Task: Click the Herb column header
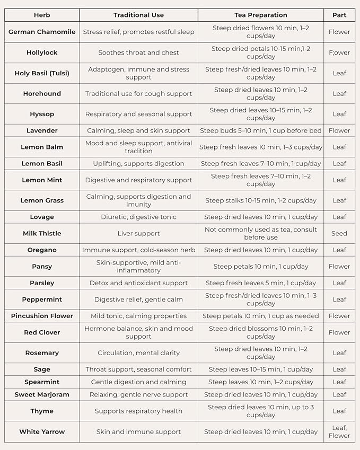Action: tap(42, 15)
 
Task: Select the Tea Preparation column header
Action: tap(261, 15)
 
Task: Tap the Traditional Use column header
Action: tap(139, 15)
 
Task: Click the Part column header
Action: tap(339, 15)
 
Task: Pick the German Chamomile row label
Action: tap(42, 32)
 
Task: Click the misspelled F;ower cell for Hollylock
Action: tap(339, 52)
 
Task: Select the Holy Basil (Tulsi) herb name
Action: tap(42, 73)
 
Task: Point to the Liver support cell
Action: tap(139, 233)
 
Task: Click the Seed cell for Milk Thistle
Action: tap(339, 233)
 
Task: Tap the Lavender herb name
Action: tap(42, 130)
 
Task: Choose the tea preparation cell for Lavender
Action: tap(261, 130)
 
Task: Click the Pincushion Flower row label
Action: tap(42, 316)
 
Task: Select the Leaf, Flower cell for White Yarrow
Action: tap(339, 431)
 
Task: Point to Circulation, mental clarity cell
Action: tap(139, 353)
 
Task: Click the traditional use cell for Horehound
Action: tap(139, 94)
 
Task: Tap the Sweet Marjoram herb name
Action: tap(42, 394)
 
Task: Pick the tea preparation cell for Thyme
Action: tap(261, 411)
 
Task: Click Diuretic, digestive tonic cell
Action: tap(139, 217)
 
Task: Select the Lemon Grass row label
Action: tap(42, 200)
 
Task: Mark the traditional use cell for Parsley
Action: tap(139, 283)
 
